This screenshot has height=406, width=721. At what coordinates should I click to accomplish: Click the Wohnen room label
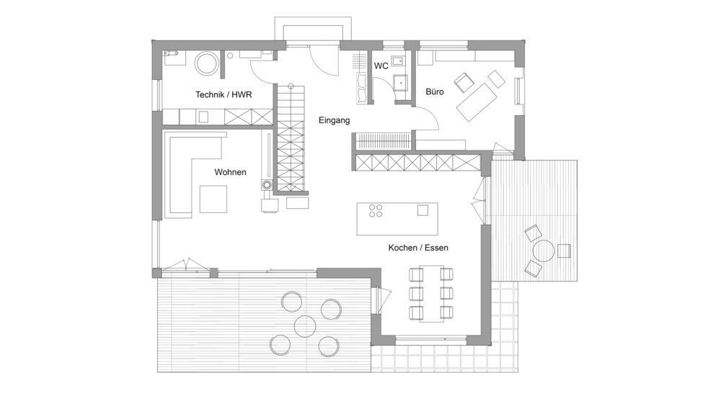point(230,172)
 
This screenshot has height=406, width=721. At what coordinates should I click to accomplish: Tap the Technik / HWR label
point(224,94)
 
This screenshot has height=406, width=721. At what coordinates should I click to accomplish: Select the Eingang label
point(335,120)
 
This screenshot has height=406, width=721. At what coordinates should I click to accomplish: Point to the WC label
point(381,66)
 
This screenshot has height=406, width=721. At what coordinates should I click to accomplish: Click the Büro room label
point(435,92)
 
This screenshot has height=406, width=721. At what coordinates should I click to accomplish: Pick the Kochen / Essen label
point(418,248)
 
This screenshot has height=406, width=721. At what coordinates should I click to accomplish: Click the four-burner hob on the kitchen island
point(375,211)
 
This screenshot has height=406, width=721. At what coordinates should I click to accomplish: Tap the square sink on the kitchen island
point(423,210)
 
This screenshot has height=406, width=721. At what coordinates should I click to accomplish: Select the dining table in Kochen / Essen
point(432,294)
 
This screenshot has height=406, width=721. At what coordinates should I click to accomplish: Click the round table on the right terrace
point(544,251)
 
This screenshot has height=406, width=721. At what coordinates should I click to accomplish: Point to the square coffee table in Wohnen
point(213,199)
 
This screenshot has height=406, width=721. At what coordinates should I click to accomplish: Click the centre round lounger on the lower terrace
point(305,325)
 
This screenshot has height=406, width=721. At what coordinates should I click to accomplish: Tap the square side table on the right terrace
point(564,251)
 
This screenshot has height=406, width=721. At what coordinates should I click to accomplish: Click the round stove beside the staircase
point(267,186)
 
